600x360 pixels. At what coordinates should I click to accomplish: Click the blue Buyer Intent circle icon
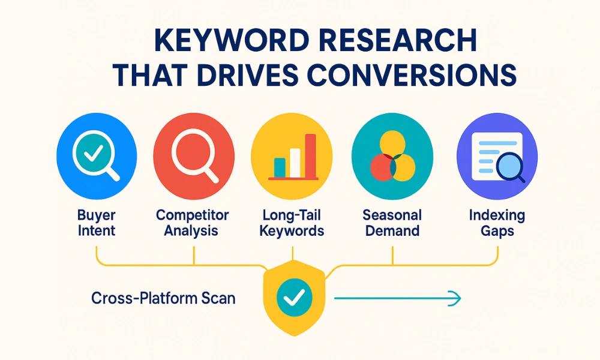(96, 154)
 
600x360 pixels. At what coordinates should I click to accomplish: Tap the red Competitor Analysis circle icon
(193, 154)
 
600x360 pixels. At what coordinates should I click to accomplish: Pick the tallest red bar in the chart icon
(310, 155)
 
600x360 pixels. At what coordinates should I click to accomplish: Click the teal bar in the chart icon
(280, 167)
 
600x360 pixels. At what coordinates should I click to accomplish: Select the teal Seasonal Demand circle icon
(392, 154)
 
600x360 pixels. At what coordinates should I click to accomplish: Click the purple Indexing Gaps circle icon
(497, 154)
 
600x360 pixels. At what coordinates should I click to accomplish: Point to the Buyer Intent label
(96, 223)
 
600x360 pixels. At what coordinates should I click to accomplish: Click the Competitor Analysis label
(193, 223)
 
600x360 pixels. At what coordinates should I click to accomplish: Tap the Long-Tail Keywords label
(292, 223)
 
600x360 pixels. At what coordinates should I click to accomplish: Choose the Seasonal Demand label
(392, 223)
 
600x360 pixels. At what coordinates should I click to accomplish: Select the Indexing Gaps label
(497, 223)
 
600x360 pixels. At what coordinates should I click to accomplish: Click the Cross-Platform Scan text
(163, 297)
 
